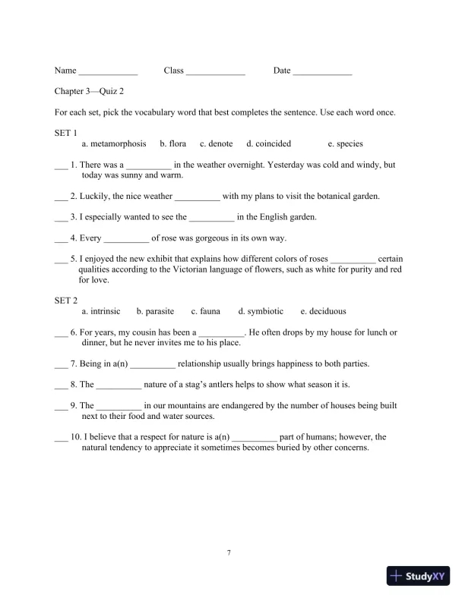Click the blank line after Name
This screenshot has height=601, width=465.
108,73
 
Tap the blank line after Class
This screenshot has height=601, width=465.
216,73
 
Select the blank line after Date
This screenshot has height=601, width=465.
323,73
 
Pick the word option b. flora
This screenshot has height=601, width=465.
173,143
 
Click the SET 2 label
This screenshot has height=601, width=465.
66,300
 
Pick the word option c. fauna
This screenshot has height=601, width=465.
206,311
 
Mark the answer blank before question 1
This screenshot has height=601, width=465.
61,166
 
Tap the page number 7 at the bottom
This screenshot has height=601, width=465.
229,552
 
